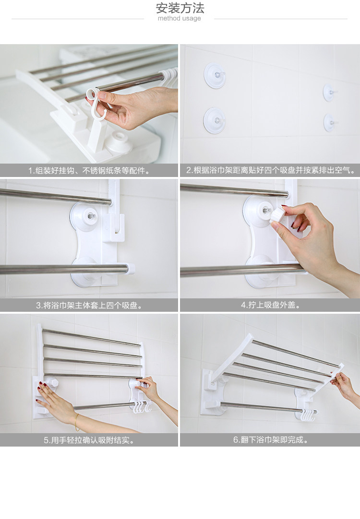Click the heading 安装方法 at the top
pos(180,8)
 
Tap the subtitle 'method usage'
pos(179,19)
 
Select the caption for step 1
pos(89,171)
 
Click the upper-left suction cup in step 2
pos(215,76)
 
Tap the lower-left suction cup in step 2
pos(214,120)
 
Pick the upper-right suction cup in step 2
pos(329,93)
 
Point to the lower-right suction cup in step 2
pos(329,122)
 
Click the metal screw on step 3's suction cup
pos(91,216)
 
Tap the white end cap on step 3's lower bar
pos(130,269)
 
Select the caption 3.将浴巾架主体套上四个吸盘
pos(89,306)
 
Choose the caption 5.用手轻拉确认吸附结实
pos(89,440)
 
